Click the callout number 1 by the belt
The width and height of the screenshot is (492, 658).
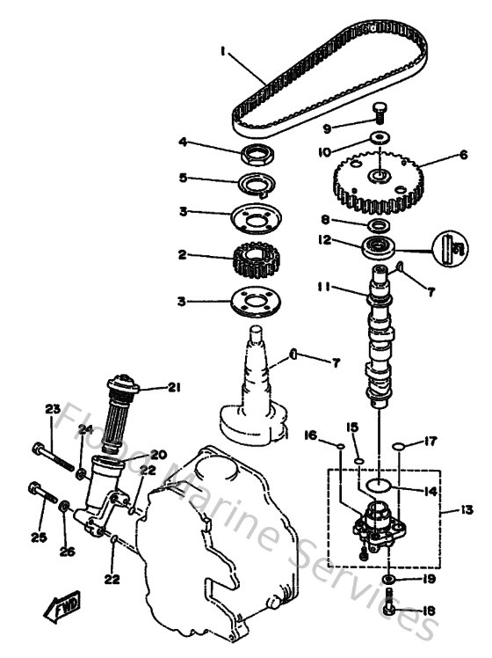[x=225, y=53]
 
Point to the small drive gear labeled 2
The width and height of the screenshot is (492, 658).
[x=257, y=258]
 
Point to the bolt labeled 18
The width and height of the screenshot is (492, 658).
[x=389, y=605]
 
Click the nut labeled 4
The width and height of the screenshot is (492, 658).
[x=261, y=157]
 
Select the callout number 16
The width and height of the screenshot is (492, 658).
[x=312, y=434]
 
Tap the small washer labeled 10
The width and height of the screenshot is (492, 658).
[x=380, y=137]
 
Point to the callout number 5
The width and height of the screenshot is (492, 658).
[x=183, y=178]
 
